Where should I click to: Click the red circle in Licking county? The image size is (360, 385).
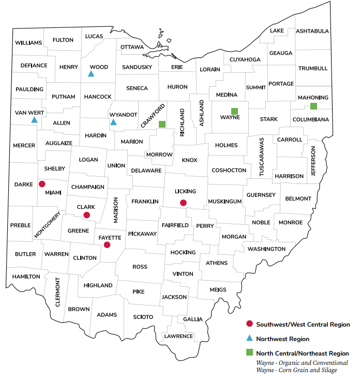pyautogui.click(x=183, y=203)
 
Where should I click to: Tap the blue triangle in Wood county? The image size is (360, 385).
pyautogui.click(x=91, y=74)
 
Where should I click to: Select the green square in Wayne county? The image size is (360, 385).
pyautogui.click(x=234, y=111)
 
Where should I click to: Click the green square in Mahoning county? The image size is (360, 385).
pyautogui.click(x=313, y=106)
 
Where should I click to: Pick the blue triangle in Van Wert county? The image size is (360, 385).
pyautogui.click(x=34, y=120)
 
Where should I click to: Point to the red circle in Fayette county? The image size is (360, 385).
pyautogui.click(x=107, y=244)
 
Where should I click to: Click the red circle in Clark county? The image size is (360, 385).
pyautogui.click(x=87, y=215)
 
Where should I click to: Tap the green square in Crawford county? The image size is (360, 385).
pyautogui.click(x=162, y=124)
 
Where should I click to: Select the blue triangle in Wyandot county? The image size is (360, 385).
pyautogui.click(x=113, y=122)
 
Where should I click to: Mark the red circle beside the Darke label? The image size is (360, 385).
pyautogui.click(x=42, y=183)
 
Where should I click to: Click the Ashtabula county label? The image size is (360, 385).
pyautogui.click(x=312, y=31)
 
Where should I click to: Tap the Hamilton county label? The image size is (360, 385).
pyautogui.click(x=26, y=276)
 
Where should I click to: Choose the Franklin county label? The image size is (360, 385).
pyautogui.click(x=145, y=201)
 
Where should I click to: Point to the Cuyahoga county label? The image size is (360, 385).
pyautogui.click(x=245, y=59)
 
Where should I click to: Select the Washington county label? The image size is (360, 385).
pyautogui.click(x=266, y=249)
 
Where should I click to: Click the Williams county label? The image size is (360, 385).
pyautogui.click(x=28, y=42)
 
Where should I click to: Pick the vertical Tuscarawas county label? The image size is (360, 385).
pyautogui.click(x=262, y=157)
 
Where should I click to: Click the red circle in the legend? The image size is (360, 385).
pyautogui.click(x=249, y=324)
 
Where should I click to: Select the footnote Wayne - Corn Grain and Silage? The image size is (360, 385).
pyautogui.click(x=296, y=370)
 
